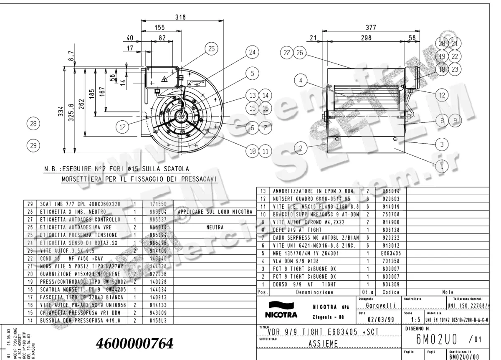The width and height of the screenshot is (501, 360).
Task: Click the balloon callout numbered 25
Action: (211, 49)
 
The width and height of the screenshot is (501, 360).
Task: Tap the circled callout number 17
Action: (122, 128)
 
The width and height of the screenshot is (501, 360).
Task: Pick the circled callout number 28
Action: (33, 124)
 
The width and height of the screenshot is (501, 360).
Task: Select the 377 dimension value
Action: (371, 27)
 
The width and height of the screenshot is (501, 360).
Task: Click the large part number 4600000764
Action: (134, 343)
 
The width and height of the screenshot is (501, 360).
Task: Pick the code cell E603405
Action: (391, 253)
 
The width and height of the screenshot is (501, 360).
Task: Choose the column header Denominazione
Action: (314, 292)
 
